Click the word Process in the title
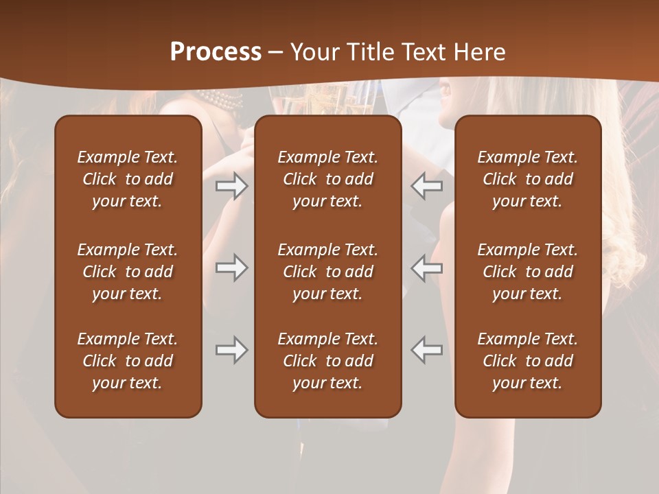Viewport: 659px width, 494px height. point(216,51)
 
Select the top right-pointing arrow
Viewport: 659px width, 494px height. point(231,187)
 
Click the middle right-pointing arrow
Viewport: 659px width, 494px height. point(231,268)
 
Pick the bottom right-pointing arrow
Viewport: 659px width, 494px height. point(231,350)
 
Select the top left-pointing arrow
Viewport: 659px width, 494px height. point(427,187)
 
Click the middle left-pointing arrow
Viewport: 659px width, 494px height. point(427,268)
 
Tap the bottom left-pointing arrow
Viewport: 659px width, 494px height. point(427,350)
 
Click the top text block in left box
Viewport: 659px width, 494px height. point(128,179)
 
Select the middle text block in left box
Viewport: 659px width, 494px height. point(128,272)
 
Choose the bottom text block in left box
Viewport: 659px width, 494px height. point(128,361)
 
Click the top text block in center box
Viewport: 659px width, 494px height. point(327,179)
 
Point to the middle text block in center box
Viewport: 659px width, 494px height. point(327,272)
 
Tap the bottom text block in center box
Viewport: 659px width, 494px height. point(327,361)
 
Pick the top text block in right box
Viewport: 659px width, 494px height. point(527,179)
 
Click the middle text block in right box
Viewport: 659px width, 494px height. point(527,272)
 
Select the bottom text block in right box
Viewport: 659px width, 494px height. point(527,361)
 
